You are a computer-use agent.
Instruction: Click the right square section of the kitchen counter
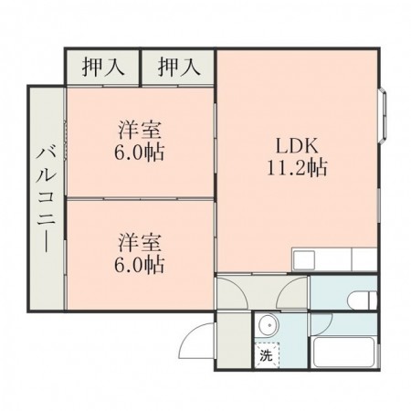click(365, 259)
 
